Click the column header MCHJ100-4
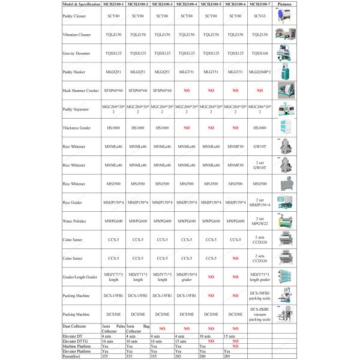187,4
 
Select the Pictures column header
286,4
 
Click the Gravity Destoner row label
76,53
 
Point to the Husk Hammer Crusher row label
80,89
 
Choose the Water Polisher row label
74,221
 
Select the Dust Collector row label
74,326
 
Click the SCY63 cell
260,16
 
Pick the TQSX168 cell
260,53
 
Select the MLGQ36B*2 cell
260,71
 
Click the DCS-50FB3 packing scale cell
260,296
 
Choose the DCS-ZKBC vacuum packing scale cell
260,314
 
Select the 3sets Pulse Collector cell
112,328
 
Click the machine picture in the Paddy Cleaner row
286,16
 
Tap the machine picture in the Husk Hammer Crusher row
286,89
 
